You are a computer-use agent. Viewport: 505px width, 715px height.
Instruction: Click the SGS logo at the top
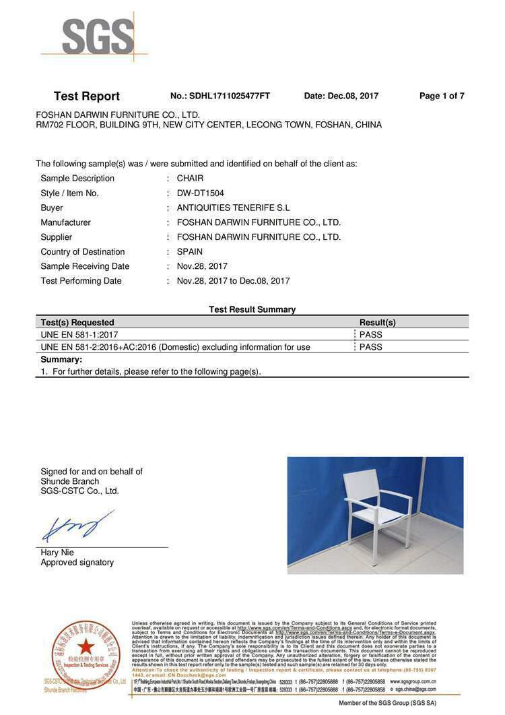[x=98, y=37]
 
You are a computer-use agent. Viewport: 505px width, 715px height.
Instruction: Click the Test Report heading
[x=86, y=96]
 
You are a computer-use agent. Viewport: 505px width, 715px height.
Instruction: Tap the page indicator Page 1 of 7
[x=442, y=96]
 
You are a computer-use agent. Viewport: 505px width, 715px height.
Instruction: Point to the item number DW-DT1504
[x=205, y=193]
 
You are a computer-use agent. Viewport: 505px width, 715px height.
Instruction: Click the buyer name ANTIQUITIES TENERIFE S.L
[x=233, y=208]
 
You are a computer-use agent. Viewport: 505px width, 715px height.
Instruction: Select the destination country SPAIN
[x=189, y=252]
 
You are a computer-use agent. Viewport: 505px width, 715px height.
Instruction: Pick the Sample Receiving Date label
[x=85, y=266]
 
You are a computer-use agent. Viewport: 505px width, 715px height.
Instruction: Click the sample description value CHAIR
[x=190, y=179]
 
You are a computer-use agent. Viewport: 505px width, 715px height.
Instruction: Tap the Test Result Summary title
[x=252, y=309]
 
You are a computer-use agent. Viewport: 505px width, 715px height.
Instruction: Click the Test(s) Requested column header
[x=77, y=323]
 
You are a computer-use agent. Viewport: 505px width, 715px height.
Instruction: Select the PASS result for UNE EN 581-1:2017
[x=370, y=335]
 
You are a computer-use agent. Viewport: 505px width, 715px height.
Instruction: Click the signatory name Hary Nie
[x=57, y=553]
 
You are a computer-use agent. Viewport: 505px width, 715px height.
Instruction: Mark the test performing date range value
[x=233, y=281]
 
